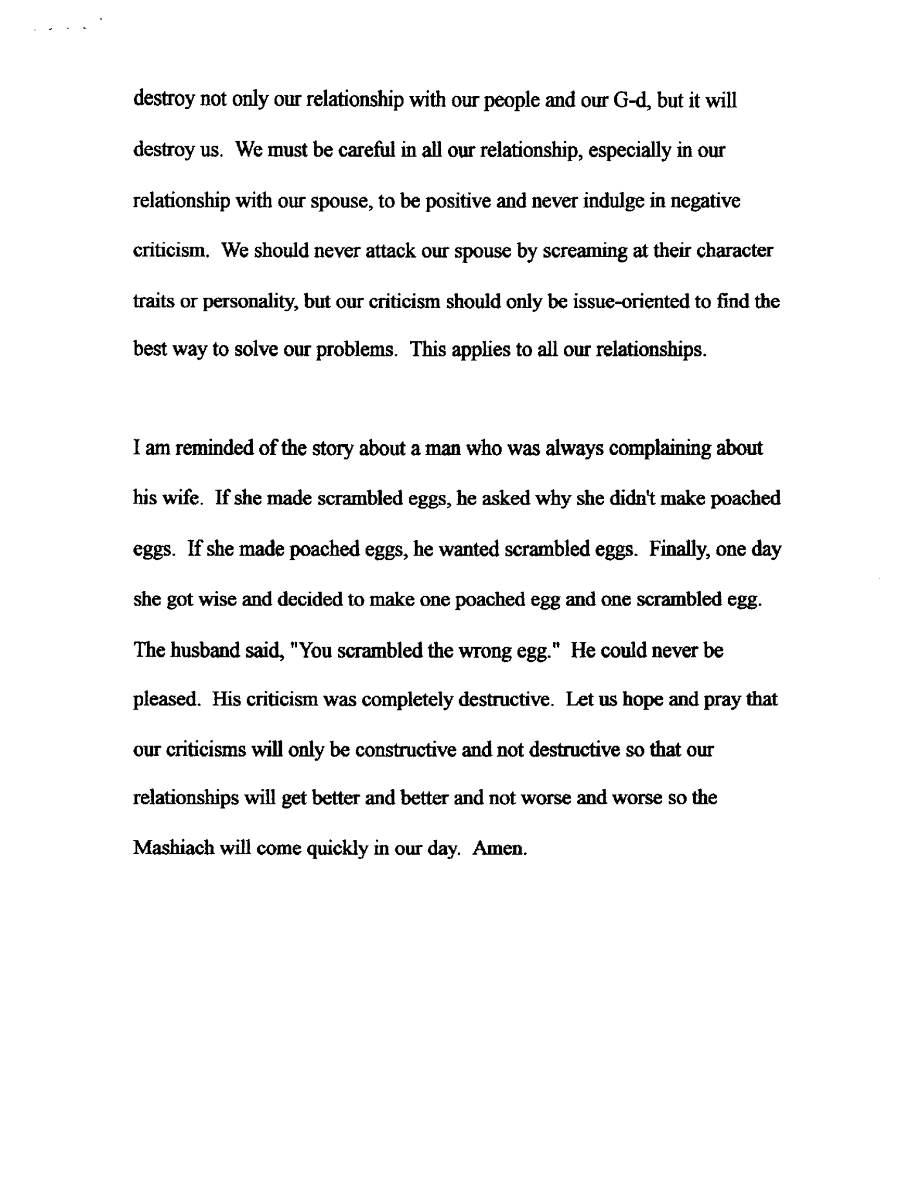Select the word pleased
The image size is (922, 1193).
[164, 700]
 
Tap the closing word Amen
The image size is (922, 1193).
[500, 848]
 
